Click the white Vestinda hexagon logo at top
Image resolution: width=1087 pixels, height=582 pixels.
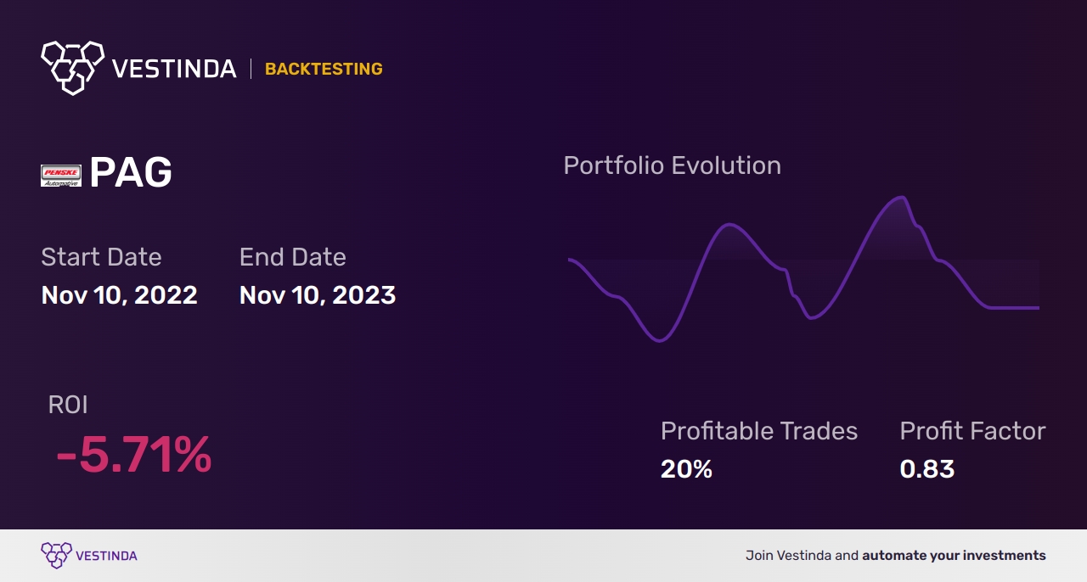pyautogui.click(x=73, y=68)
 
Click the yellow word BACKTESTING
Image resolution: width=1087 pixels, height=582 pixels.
pyautogui.click(x=324, y=69)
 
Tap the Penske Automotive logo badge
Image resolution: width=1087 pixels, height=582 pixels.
pyautogui.click(x=60, y=176)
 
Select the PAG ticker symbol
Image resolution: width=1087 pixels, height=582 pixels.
pyautogui.click(x=131, y=172)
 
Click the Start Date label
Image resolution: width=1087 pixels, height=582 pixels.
pyautogui.click(x=101, y=256)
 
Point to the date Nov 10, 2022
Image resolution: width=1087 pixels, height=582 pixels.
pyautogui.click(x=120, y=295)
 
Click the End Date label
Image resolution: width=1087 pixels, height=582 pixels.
pyautogui.click(x=293, y=256)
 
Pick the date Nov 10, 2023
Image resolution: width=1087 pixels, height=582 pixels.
pyautogui.click(x=318, y=295)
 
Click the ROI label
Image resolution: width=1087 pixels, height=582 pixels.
pyautogui.click(x=68, y=405)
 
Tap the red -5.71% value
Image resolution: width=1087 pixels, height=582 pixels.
pyautogui.click(x=134, y=455)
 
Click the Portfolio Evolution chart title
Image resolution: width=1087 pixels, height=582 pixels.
pyautogui.click(x=673, y=165)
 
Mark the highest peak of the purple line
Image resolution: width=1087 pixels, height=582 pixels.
pyautogui.click(x=902, y=197)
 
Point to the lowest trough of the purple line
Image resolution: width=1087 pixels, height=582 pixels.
pyautogui.click(x=659, y=340)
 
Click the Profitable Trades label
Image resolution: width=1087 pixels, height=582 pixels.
pyautogui.click(x=759, y=431)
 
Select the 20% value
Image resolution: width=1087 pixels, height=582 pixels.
pyautogui.click(x=686, y=469)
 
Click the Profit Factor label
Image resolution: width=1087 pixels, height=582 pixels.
pyautogui.click(x=972, y=431)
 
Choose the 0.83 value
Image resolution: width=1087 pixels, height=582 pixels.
pyautogui.click(x=926, y=469)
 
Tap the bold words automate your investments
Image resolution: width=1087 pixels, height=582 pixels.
pyautogui.click(x=954, y=556)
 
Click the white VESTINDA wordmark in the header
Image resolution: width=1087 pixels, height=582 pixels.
pyautogui.click(x=174, y=69)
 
